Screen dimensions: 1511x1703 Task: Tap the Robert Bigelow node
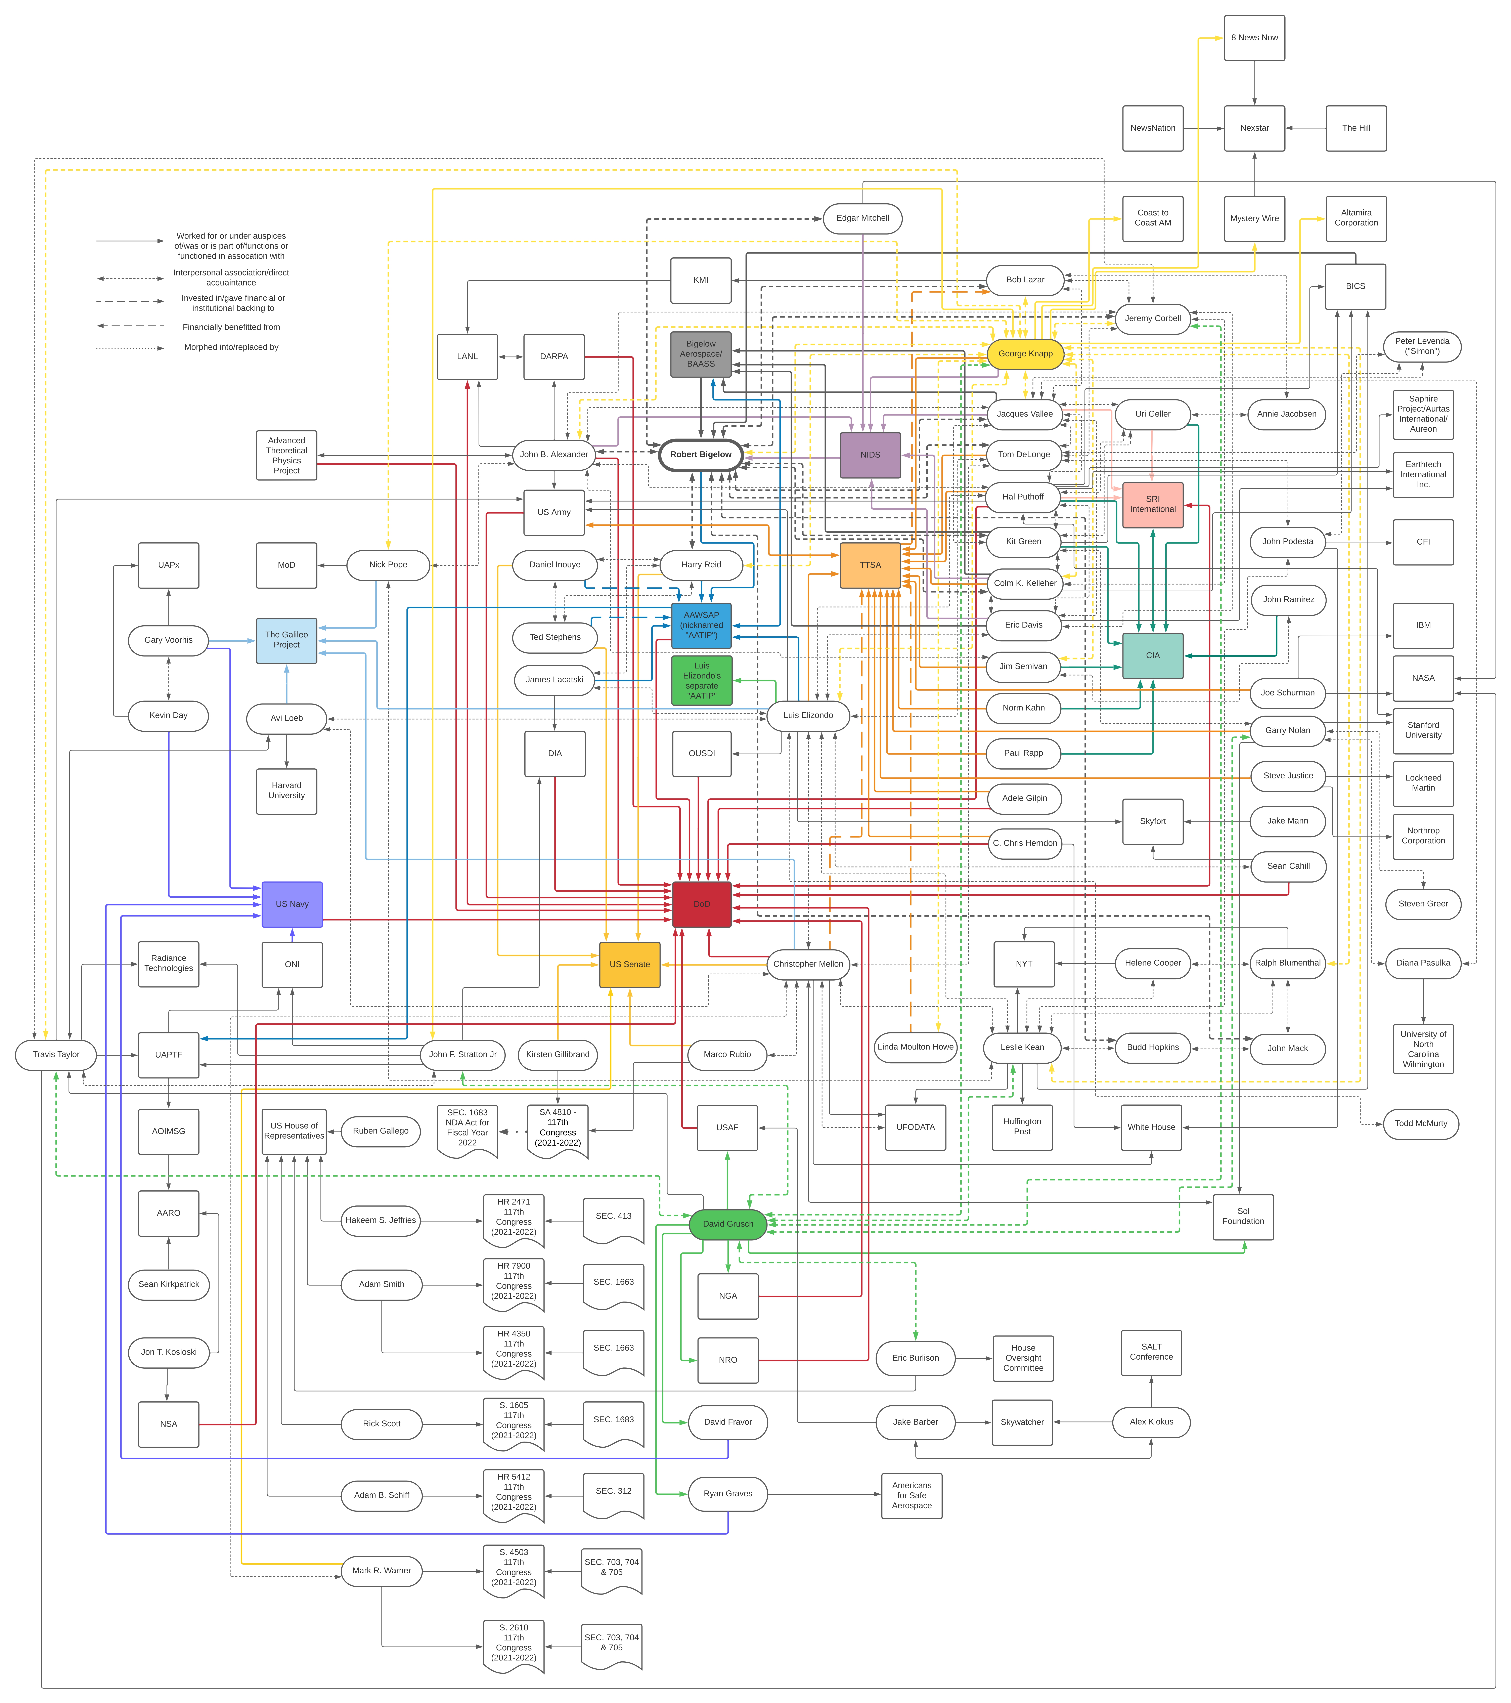click(701, 455)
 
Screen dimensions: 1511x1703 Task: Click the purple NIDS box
click(871, 455)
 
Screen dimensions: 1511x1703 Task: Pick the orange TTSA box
click(871, 565)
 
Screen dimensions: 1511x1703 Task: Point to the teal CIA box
click(1153, 656)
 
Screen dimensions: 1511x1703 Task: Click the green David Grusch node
click(728, 1224)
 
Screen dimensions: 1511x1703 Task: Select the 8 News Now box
click(1254, 38)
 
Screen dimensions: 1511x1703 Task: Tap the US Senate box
click(630, 965)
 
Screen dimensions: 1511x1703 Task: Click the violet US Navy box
click(292, 904)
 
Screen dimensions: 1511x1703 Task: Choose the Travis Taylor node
click(56, 1055)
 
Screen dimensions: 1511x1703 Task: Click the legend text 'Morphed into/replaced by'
click(232, 347)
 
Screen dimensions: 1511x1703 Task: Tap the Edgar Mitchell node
click(863, 218)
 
